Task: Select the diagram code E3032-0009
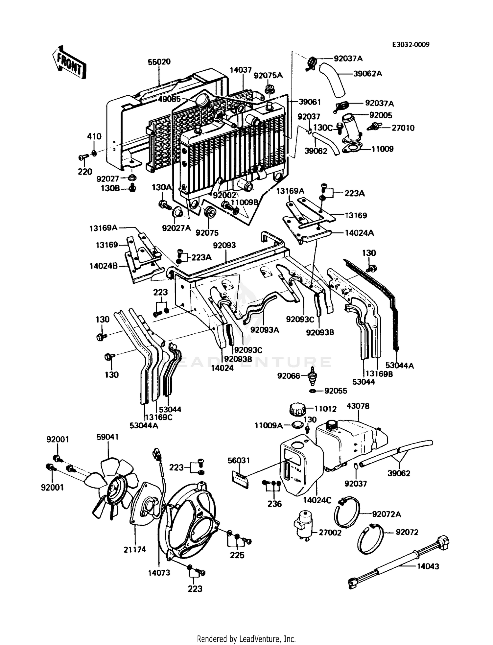pos(411,45)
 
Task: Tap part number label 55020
pos(159,62)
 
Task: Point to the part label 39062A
pos(367,74)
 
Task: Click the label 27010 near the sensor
pos(403,128)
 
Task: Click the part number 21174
pos(135,549)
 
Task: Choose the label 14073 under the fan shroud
pos(159,573)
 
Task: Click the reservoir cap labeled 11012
pos(297,410)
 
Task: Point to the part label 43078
pos(358,406)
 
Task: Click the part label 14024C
pos(317,500)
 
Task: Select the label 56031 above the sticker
pos(239,461)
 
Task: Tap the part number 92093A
pos(265,330)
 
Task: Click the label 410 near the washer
pos(94,136)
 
